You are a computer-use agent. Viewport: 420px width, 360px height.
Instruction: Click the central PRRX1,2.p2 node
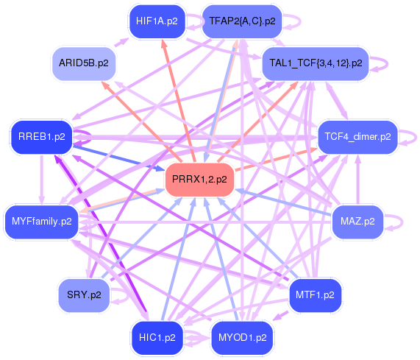pyautogui.click(x=199, y=180)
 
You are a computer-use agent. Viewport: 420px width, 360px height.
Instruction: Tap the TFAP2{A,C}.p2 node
pyautogui.click(x=242, y=21)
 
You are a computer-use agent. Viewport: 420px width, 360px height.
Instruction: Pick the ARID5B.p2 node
pyautogui.click(x=83, y=63)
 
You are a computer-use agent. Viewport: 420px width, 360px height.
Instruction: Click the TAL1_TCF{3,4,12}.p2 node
pyautogui.click(x=316, y=63)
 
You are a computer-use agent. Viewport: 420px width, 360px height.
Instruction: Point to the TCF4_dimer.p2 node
pyautogui.click(x=357, y=137)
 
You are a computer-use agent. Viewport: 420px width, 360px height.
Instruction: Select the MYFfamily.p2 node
pyautogui.click(x=41, y=221)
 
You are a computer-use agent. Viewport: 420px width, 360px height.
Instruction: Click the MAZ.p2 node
pyautogui.click(x=357, y=221)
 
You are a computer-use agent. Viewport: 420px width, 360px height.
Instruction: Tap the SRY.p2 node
pyautogui.click(x=83, y=294)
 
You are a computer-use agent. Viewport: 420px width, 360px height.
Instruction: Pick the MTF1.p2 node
pyautogui.click(x=315, y=294)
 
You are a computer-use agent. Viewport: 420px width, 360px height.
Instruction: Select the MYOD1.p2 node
pyautogui.click(x=242, y=338)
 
